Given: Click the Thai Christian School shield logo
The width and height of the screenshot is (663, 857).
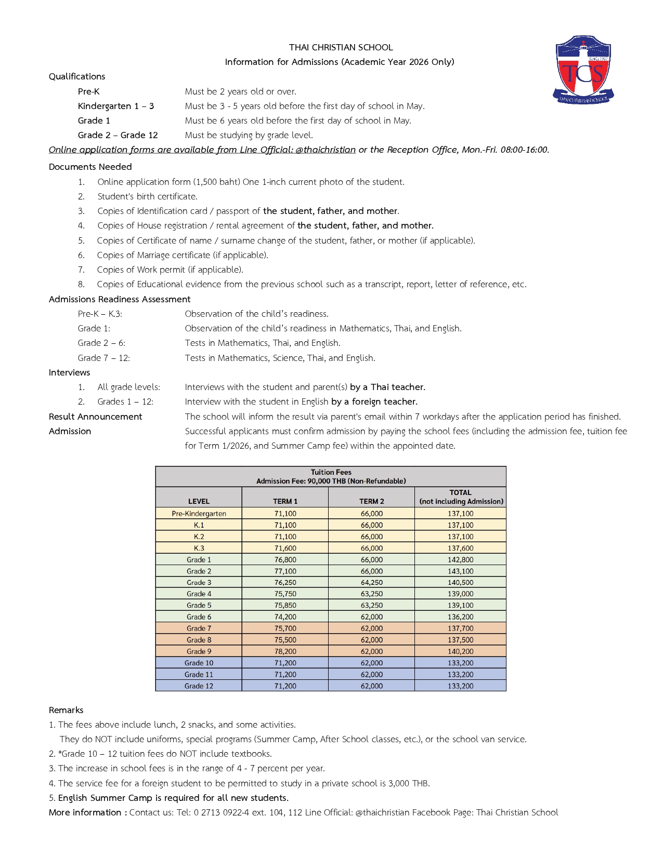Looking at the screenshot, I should pos(583,70).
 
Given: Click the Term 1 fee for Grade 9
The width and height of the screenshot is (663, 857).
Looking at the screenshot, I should pos(285,651).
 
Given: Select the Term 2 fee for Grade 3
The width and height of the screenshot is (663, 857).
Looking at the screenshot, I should pos(371,583).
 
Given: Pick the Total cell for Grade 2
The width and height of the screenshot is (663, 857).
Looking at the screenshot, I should pos(460,571).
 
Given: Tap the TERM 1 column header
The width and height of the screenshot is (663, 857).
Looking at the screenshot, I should pos(285,501).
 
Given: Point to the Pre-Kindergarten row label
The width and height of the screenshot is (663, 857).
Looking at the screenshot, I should pos(199,514).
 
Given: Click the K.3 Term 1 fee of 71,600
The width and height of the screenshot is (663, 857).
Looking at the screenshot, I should pos(285,548).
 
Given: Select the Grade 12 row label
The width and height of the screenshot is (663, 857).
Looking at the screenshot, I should pos(199,686).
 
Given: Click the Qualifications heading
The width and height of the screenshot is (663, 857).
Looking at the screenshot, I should pos(77,76).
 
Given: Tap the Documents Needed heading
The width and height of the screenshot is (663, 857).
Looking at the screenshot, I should pos(90,167).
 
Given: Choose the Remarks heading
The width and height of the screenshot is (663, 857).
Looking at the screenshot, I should pos(66,710).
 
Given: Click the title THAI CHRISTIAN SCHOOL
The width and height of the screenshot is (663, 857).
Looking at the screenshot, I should pos(341,47).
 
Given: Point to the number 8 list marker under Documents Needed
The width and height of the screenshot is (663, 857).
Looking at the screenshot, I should pos(81,284).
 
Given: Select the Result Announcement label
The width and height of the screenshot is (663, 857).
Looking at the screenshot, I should pos(95,417).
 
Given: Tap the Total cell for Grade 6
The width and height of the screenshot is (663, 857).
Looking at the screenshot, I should pos(460,617).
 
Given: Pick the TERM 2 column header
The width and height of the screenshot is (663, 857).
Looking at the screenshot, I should pos(371,501).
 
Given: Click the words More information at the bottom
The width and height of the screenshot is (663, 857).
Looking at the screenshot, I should pos(85,812).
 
